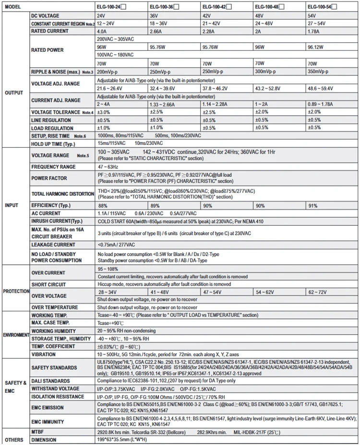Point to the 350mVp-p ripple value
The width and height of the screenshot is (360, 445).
pos(319,71)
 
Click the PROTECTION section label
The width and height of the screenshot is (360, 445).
pos(15,291)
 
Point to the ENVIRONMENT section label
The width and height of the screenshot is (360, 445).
pos(15,335)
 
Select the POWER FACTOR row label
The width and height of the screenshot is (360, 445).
pos(50,178)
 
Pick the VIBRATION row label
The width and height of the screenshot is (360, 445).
pos(44,354)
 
